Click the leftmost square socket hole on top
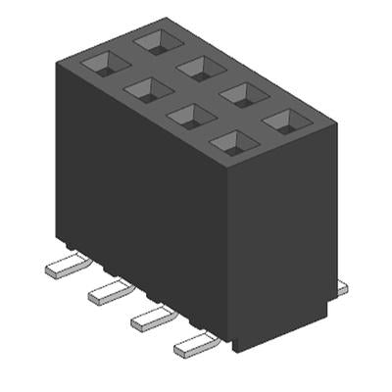pos(104,64)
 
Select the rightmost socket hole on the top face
pos(286,121)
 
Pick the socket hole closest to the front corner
pos(231,144)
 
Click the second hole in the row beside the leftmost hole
pos(146,90)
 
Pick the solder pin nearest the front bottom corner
pos(194,343)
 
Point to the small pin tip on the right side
pos(341,287)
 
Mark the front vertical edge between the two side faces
pos(232,255)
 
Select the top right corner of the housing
pos(336,124)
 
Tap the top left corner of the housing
pos(55,61)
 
